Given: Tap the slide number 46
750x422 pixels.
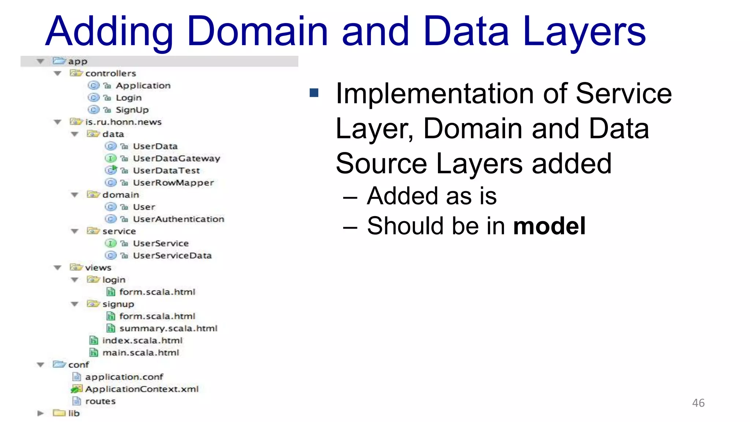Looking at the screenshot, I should tap(698, 403).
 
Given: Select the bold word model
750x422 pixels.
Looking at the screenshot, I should tap(549, 226).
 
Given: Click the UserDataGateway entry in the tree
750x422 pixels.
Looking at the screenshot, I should tap(176, 158).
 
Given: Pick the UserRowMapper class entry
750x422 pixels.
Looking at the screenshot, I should tap(173, 182).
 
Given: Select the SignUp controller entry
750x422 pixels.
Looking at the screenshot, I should tap(132, 110).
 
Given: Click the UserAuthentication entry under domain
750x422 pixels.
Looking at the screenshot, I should tap(178, 219).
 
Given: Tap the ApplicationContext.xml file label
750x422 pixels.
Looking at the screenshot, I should tap(142, 389).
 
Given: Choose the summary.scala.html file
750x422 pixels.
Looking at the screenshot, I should tap(168, 328).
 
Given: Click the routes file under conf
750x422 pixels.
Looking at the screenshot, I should tap(100, 401).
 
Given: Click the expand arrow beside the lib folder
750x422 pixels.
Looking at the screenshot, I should tap(40, 413).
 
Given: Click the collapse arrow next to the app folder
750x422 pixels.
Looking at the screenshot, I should tap(40, 61).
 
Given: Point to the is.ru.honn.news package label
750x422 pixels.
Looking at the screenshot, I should tap(123, 122).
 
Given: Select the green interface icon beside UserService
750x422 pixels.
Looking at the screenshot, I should tap(110, 243).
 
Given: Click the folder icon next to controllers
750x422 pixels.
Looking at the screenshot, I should tap(76, 73).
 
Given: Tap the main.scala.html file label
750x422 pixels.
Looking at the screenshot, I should tap(141, 352).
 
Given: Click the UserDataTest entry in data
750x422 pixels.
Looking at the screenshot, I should tap(166, 170).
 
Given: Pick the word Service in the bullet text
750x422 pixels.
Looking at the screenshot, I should tap(623, 94).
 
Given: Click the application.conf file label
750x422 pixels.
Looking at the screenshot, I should tap(124, 377).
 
